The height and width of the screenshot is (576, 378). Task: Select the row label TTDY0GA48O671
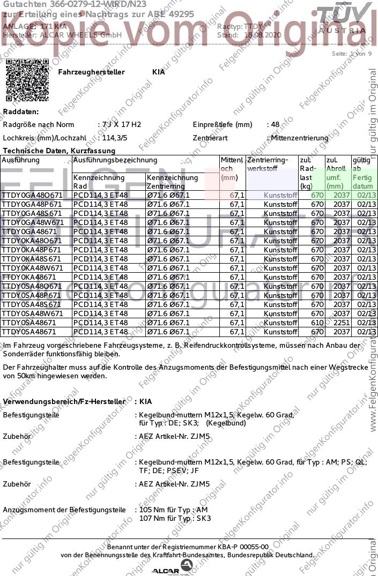pos(32,195)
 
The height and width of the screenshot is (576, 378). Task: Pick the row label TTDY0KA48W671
pos(33,268)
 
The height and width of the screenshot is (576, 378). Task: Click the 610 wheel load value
pos(317,323)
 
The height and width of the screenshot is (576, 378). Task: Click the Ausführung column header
pos(21,160)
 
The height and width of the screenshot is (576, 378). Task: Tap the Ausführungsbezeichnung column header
pos(115,160)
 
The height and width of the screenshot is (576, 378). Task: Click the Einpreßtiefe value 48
pos(275,124)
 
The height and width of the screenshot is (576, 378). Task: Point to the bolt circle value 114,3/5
pos(115,138)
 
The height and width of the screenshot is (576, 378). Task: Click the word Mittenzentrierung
pos(300,138)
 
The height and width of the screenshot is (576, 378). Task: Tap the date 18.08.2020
pos(263,35)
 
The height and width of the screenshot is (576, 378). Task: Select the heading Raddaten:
pos(21,111)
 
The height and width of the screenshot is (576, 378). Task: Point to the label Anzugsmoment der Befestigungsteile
pos(64,510)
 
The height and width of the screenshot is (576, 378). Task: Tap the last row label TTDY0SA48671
pos(31,332)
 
